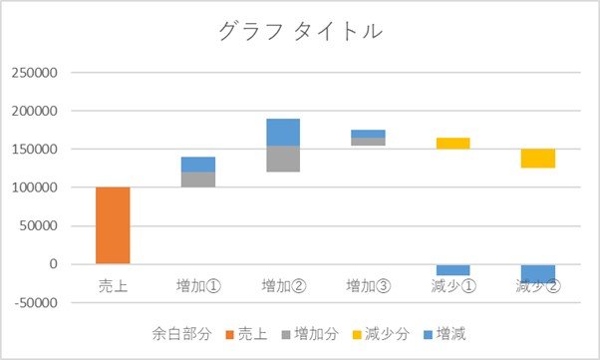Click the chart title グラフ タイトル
pos(301,31)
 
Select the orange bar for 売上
pos(113,225)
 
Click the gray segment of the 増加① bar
pos(198,180)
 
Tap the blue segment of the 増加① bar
pos(198,165)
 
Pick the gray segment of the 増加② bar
pos(283,159)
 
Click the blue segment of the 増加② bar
pos(283,132)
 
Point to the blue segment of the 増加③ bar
pos(368,134)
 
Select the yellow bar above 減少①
pos(453,144)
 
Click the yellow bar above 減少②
pos(538,159)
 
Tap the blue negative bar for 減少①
pos(453,270)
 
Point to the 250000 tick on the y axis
pos(35,73)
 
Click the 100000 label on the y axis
pos(35,187)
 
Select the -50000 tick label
pos(36,302)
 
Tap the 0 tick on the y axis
pos(54,264)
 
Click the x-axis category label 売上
pos(113,286)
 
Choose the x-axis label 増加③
pos(369,286)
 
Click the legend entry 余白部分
pos(181,334)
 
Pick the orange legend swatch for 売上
pos(229,335)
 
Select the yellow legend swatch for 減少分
pos(357,335)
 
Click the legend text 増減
pos(451,334)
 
